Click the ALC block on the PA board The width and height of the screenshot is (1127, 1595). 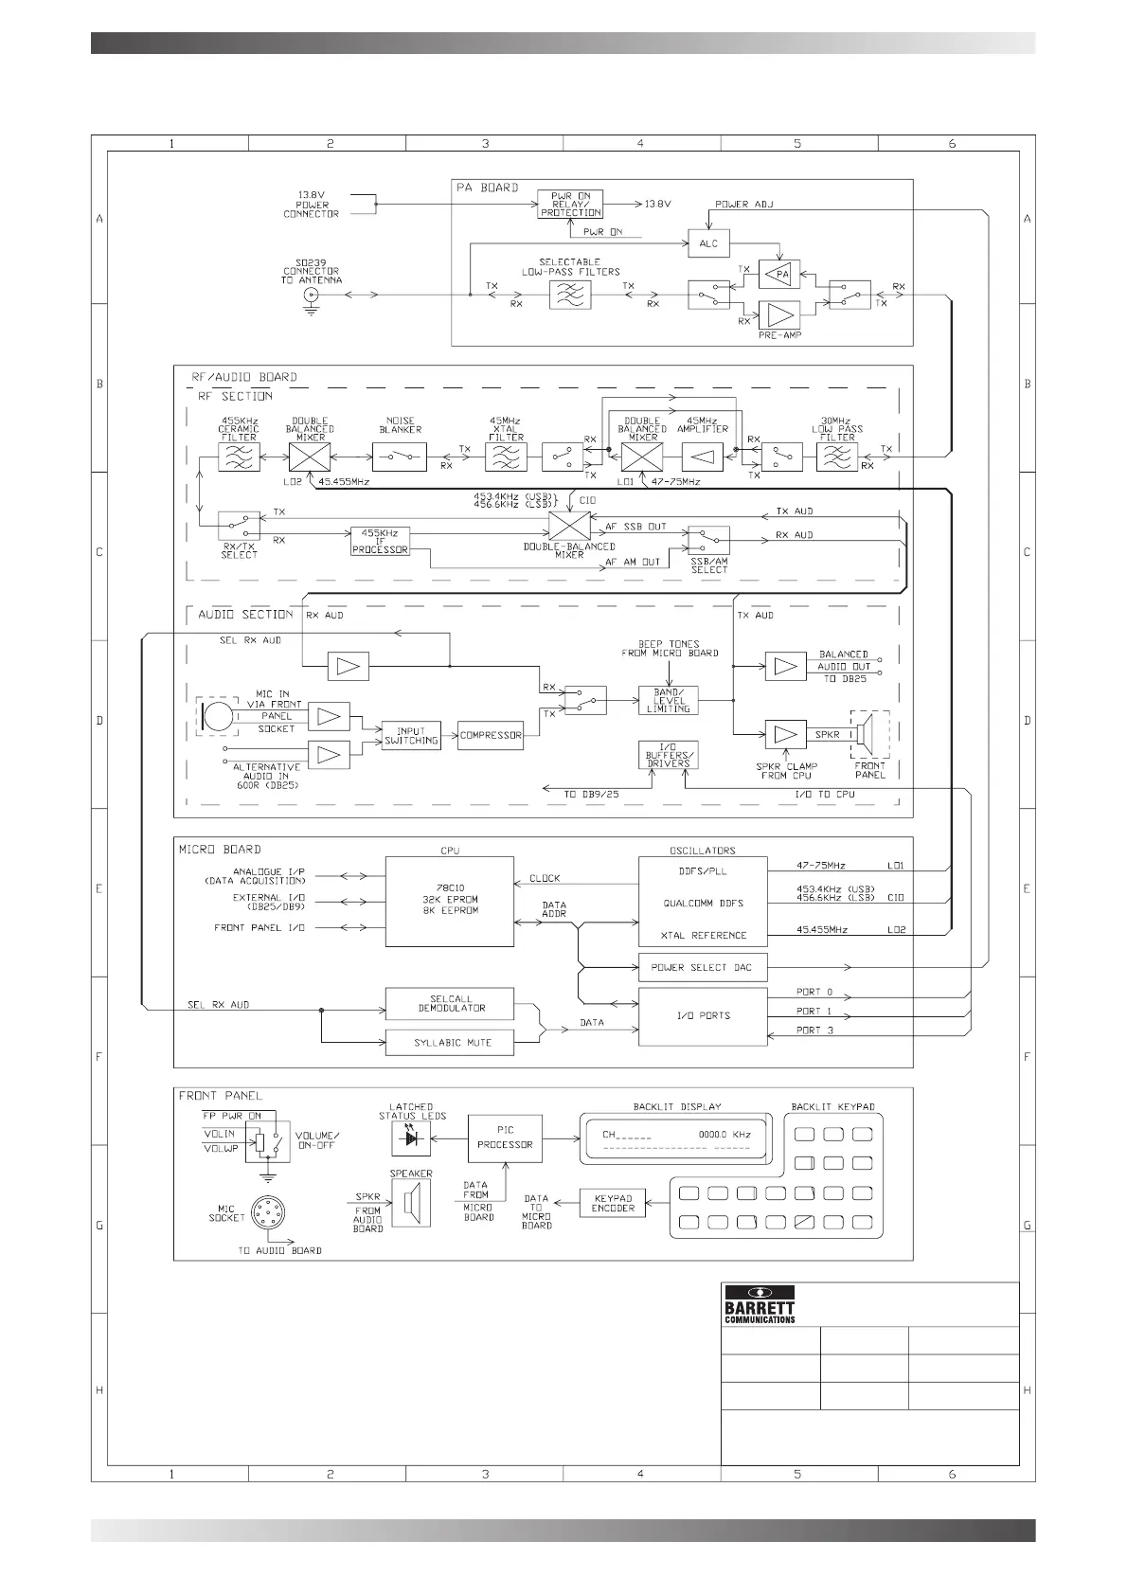[x=708, y=243]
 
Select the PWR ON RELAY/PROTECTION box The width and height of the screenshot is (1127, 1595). [x=570, y=205]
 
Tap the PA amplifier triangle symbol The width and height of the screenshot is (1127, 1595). [x=779, y=275]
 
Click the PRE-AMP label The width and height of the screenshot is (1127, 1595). [x=779, y=335]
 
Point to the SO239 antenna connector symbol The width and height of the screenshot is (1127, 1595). [x=310, y=296]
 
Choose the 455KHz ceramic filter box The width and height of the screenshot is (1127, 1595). [x=239, y=457]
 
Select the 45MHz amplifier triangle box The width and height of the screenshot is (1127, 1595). [x=702, y=457]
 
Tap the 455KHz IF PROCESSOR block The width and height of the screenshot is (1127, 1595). [x=380, y=541]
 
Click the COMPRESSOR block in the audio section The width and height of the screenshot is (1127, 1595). [x=490, y=735]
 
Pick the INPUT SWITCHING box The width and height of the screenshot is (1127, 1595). [x=411, y=736]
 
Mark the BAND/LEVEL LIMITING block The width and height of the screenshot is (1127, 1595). [x=669, y=701]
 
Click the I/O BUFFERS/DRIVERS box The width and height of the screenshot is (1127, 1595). [x=669, y=755]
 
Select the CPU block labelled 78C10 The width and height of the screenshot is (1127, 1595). [x=449, y=901]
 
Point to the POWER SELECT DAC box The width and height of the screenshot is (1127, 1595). [x=702, y=967]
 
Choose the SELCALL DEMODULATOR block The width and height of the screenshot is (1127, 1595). [x=449, y=1004]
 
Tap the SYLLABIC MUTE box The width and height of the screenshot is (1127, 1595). [x=449, y=1043]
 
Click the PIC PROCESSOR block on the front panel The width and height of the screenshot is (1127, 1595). [x=505, y=1138]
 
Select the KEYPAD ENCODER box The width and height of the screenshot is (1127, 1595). [x=612, y=1203]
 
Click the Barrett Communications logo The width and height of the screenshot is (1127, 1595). [x=760, y=1304]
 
